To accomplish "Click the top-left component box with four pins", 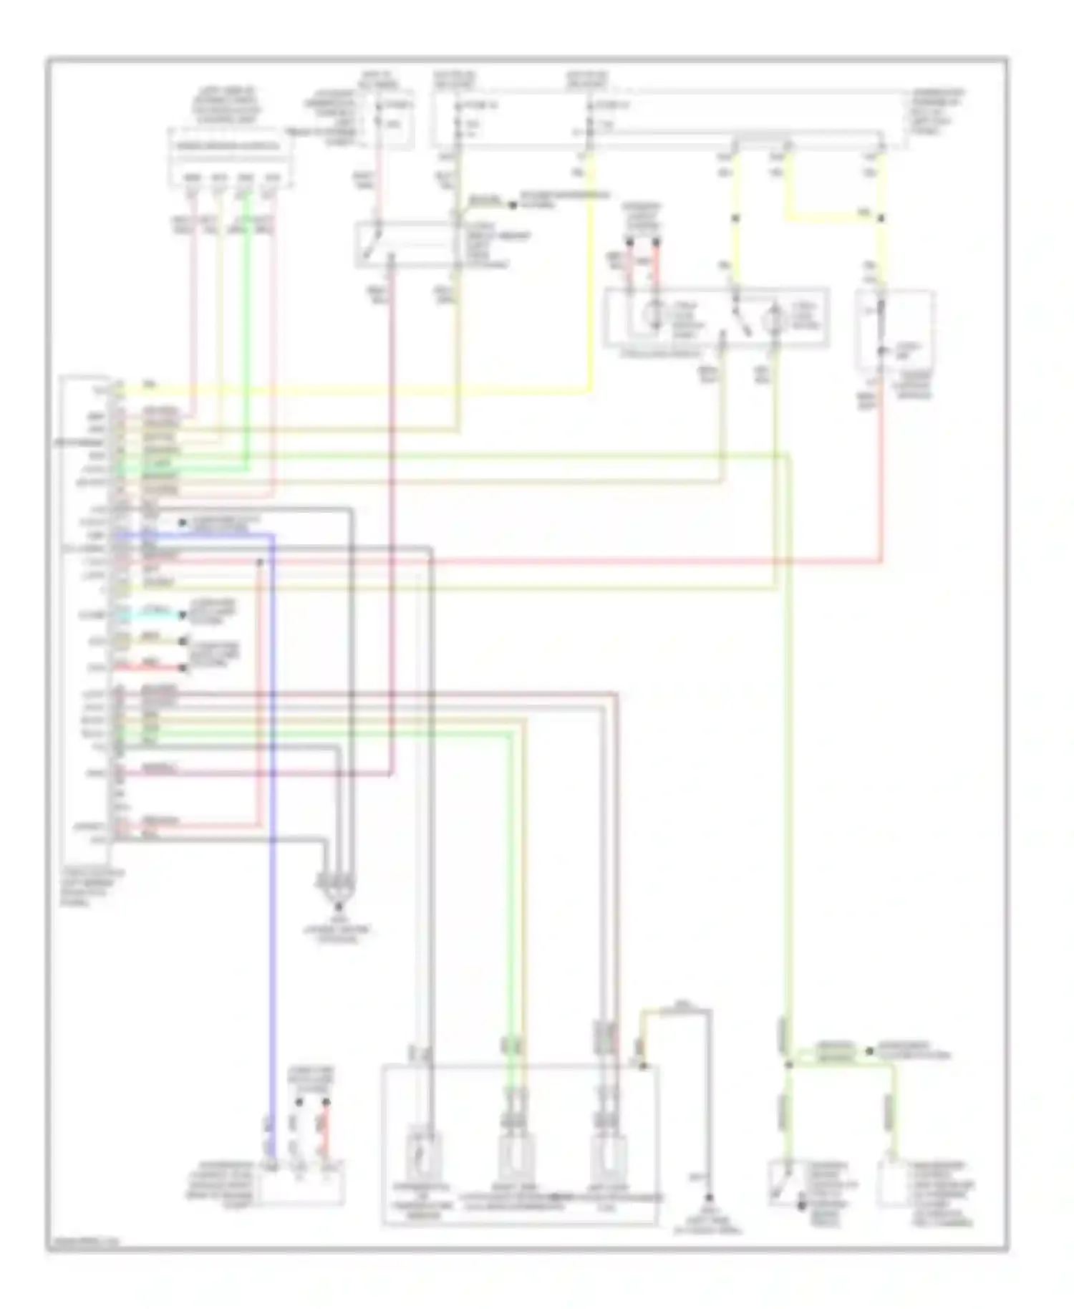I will tap(231, 157).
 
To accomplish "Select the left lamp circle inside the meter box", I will tap(654, 316).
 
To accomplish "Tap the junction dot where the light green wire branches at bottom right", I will tap(788, 1065).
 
